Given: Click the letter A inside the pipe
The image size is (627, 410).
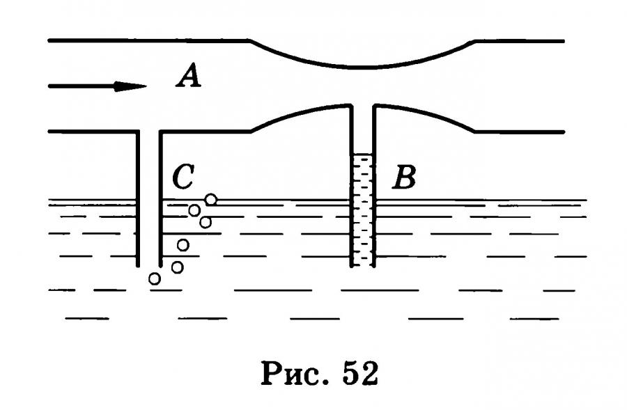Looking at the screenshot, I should coord(188,74).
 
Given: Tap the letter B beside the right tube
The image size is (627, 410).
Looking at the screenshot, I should coord(403,179).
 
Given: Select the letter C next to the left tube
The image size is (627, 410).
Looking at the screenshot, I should coord(183,179).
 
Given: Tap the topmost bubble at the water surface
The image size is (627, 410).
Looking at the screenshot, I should coord(210,200).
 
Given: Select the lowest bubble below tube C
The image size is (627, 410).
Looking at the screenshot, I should coord(155,279).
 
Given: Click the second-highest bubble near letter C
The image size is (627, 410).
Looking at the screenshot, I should coord(194,210).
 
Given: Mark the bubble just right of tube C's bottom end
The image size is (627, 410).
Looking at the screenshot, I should coord(177,267).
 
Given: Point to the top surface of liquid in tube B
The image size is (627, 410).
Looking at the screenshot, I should coord(362,155).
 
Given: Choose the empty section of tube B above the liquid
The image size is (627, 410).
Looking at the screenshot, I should coord(362,129).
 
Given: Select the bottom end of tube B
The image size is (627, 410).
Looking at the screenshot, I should coord(362,265).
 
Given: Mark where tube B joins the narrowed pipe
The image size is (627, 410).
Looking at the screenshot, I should coord(362,107).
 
